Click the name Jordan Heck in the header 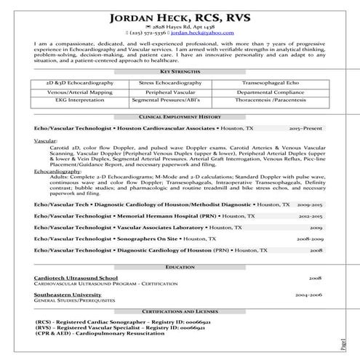[149, 18]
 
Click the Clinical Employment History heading [180, 116]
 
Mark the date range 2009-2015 [311, 205]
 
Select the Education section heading [180, 267]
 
